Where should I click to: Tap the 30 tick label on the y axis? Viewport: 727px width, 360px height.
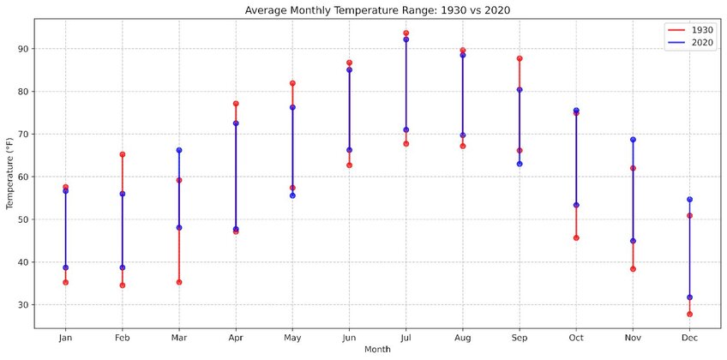[22, 305]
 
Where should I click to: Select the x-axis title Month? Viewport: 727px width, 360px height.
[377, 350]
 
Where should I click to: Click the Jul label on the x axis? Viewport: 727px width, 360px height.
[406, 337]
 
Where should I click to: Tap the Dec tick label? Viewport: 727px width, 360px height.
[689, 337]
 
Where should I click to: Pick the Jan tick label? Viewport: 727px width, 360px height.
[65, 337]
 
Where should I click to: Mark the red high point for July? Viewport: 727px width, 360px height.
[406, 33]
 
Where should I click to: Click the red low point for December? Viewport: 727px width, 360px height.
[689, 314]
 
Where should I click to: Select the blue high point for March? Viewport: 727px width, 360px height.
[178, 150]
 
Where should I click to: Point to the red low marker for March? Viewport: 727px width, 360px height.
[178, 282]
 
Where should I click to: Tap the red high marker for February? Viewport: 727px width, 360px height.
[122, 154]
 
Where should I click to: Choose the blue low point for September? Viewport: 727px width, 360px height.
[520, 163]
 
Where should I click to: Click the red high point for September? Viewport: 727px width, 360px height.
[520, 58]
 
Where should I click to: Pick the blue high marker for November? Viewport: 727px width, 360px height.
[633, 140]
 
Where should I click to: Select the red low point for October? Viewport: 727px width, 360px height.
[576, 237]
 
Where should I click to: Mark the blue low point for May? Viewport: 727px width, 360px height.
[292, 195]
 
